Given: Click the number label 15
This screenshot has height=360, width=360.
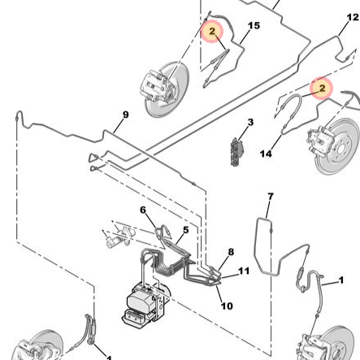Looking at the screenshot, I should coord(254,26).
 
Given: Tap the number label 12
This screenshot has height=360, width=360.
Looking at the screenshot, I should coord(353,18).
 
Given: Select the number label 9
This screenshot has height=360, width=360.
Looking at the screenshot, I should coord(125,115).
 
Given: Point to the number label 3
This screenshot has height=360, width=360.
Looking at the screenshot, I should coord(250,123).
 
